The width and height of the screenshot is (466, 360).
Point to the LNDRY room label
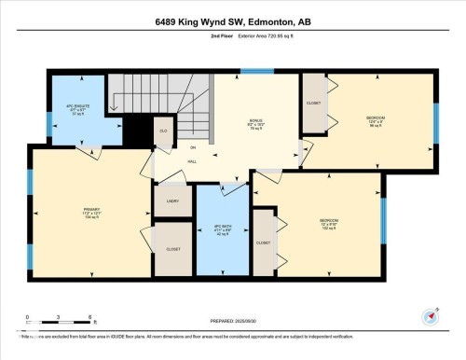(172, 201)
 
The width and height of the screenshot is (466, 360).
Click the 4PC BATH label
(222, 230)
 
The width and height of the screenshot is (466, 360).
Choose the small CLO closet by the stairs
(163, 132)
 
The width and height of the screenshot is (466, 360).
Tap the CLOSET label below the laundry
(172, 249)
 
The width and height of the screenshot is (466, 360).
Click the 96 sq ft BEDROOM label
(376, 121)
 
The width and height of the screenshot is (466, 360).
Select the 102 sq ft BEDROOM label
(327, 224)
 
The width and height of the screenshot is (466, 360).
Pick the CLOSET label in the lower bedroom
(264, 242)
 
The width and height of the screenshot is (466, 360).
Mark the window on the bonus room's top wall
(257, 71)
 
